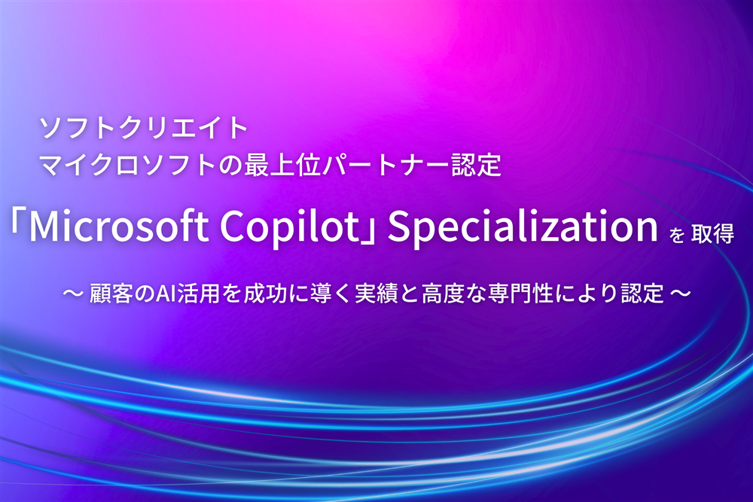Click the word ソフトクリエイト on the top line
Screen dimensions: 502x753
[x=144, y=127]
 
